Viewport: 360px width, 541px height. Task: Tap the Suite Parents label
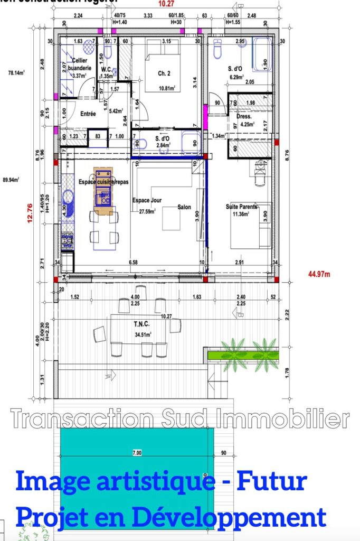pyautogui.click(x=241, y=207)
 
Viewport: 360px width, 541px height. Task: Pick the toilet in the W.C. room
pyautogui.click(x=108, y=50)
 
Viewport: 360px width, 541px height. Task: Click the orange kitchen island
pyautogui.click(x=103, y=191)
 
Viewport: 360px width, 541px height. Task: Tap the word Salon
pyautogui.click(x=184, y=207)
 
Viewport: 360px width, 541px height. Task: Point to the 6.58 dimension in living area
pyautogui.click(x=134, y=263)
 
